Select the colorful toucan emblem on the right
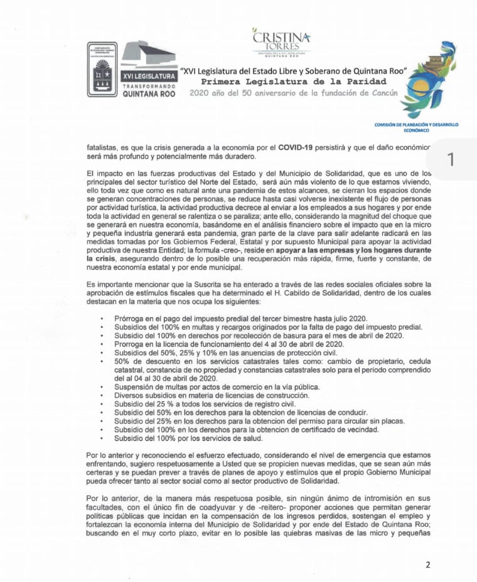click(429, 79)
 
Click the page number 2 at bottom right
click(428, 564)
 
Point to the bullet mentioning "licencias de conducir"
click(240, 412)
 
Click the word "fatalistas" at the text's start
click(106, 147)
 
